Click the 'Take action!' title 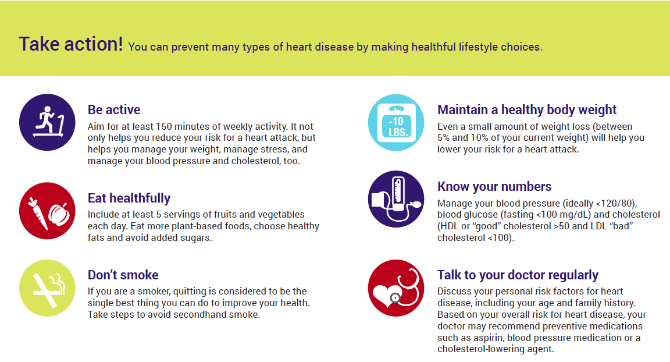(70, 44)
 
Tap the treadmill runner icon (47, 122)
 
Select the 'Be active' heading (114, 109)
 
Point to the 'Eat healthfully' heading (129, 198)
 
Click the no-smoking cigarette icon (47, 288)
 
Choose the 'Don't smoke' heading (123, 275)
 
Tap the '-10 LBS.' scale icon (396, 122)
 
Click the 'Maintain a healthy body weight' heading (527, 109)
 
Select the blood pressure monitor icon (396, 199)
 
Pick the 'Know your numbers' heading (494, 186)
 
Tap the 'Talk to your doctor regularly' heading (518, 275)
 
